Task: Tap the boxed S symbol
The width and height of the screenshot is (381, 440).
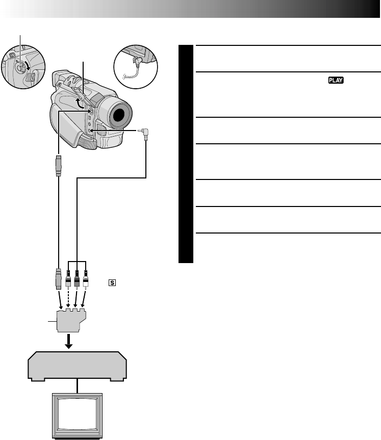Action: click(110, 282)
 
